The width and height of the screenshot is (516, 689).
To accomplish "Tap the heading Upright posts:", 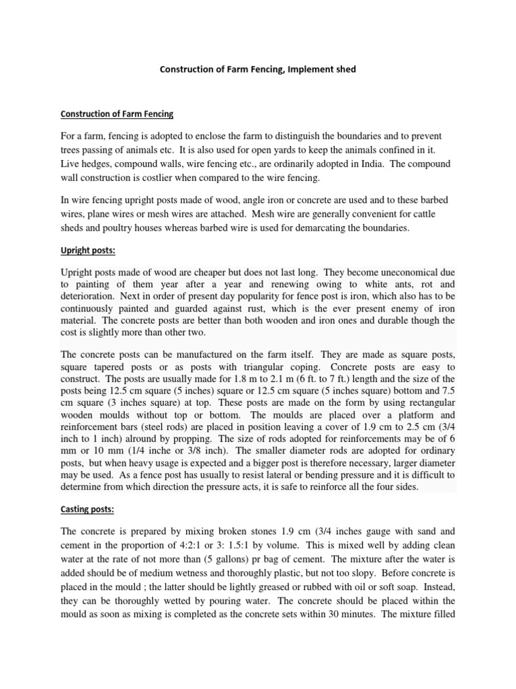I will (87, 250).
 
